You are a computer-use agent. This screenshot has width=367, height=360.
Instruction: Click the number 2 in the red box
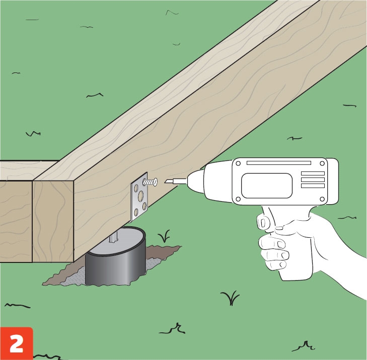pos(17,344)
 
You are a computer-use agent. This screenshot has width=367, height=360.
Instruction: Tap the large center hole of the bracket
pos(140,196)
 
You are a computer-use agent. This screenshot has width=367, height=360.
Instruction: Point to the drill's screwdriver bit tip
pos(166,182)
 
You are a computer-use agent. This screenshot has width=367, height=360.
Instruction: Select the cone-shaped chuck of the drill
pos(196,182)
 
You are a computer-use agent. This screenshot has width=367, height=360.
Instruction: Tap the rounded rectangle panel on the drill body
pos(267,186)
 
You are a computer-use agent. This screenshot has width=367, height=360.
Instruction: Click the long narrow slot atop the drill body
pos(279,163)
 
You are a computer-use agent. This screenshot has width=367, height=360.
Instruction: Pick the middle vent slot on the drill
pos(313,179)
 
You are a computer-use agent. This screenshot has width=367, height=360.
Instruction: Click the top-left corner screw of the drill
pos(238,163)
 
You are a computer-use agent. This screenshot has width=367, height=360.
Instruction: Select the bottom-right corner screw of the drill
pos(322,199)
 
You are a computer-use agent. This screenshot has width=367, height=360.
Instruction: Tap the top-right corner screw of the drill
pos(322,163)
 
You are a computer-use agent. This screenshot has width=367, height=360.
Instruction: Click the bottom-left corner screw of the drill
pos(238,199)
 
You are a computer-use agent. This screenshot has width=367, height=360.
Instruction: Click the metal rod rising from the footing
pos(114,238)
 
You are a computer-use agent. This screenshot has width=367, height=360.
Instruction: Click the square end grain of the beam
pos(53,221)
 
